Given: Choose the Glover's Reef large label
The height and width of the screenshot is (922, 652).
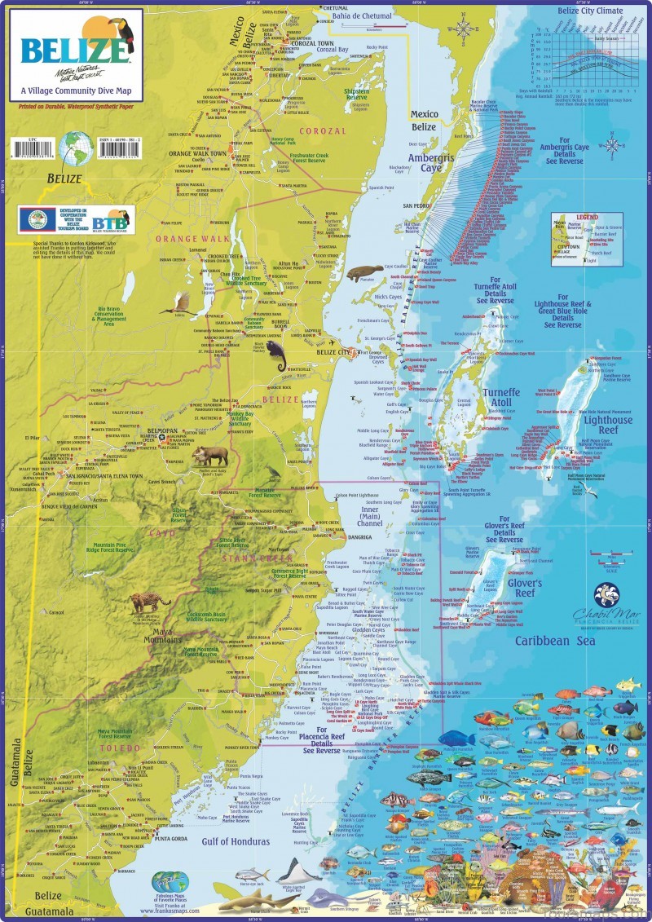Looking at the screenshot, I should tap(524, 589).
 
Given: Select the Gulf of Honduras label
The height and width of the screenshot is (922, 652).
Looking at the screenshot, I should tap(236, 840).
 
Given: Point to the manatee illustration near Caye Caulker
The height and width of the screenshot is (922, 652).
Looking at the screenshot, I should tap(363, 271).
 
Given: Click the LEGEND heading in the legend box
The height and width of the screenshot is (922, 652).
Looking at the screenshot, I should tap(588, 217).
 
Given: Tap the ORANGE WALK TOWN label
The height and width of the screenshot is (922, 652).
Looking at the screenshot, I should tap(198, 153).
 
